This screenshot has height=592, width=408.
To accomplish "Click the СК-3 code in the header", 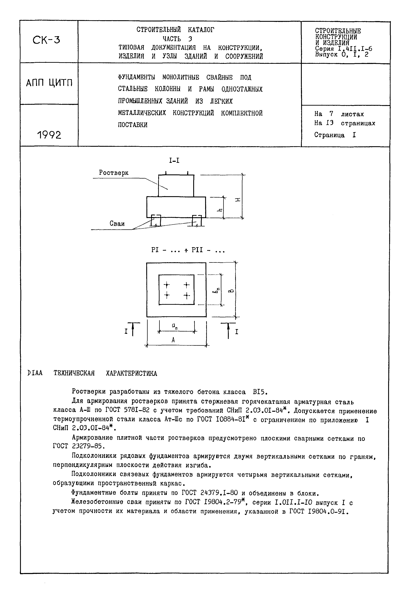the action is click(46, 40).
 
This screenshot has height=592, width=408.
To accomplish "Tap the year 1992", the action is click(49, 135).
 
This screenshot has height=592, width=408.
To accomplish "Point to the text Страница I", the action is click(335, 135).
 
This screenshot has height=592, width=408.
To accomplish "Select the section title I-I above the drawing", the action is click(174, 160).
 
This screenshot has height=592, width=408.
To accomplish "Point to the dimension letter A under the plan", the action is click(173, 340).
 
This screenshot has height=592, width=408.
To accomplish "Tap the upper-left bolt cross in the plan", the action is click(167, 285).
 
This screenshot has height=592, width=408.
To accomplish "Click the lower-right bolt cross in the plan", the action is click(187, 296).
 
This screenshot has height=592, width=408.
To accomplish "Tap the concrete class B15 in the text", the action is click(260, 392).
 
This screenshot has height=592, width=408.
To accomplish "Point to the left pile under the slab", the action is click(156, 221).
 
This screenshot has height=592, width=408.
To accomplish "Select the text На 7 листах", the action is click(339, 114).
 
